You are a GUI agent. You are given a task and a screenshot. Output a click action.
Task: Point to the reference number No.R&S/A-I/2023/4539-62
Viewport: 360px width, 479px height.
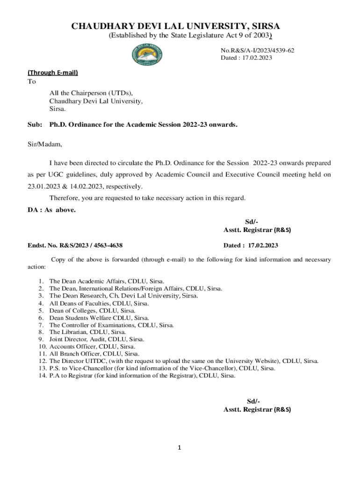pyautogui.click(x=258, y=50)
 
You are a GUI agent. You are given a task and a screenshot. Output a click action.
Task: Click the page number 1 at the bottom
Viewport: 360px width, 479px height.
pyautogui.click(x=179, y=448)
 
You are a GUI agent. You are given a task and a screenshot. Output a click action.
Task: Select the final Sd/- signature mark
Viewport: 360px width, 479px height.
pyautogui.click(x=253, y=401)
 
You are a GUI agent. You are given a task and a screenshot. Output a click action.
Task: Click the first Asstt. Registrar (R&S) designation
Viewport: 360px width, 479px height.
pyautogui.click(x=257, y=230)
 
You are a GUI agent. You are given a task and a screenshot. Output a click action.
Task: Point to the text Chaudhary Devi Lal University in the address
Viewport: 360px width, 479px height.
pyautogui.click(x=96, y=101)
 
